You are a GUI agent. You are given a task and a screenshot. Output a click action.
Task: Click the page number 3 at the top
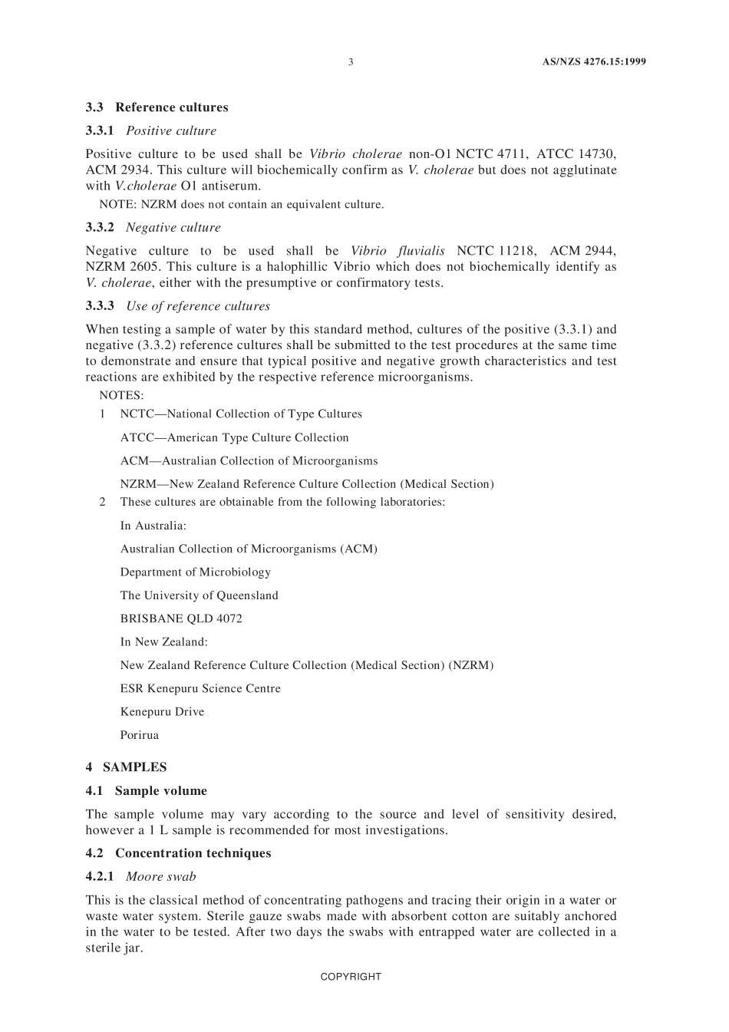(351, 62)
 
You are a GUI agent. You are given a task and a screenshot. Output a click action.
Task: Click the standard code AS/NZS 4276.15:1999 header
(589, 62)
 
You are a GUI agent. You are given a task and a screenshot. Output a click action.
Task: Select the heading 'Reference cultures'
(172, 107)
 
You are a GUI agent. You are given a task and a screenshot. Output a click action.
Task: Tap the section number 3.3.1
(100, 131)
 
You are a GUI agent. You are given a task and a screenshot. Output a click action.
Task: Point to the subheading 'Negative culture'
(173, 228)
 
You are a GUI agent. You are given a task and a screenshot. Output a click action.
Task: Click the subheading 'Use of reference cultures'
(198, 307)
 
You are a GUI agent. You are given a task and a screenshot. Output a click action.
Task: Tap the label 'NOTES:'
(121, 396)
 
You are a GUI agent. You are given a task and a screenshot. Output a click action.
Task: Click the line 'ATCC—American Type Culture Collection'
(234, 438)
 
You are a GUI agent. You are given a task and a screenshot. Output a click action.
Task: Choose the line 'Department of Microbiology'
(196, 572)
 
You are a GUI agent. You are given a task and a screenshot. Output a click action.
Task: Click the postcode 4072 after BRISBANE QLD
(229, 618)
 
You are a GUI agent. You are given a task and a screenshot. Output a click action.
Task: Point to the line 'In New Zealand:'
(163, 642)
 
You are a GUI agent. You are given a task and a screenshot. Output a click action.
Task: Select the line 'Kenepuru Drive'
(162, 712)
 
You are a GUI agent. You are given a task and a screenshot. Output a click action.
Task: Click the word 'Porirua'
(140, 735)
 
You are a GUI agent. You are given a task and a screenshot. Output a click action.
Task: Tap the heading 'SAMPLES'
(134, 767)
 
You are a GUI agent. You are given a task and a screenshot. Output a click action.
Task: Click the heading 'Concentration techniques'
(193, 853)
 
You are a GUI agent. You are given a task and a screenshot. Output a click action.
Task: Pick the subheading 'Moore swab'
(161, 877)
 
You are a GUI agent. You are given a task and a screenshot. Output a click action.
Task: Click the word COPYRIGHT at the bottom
(351, 977)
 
